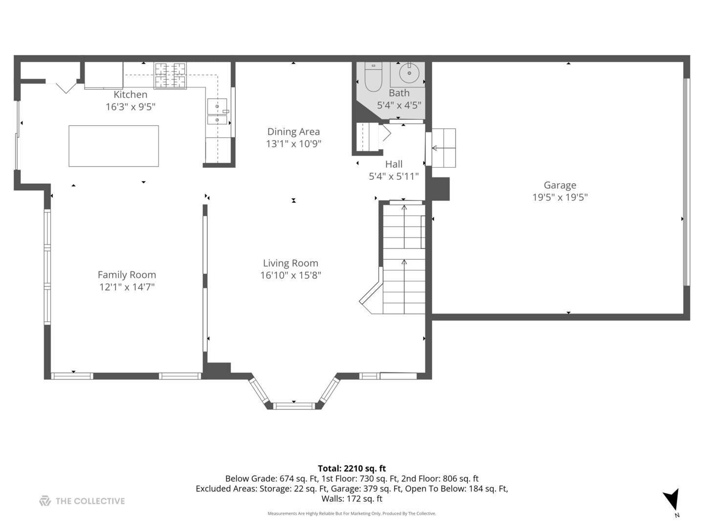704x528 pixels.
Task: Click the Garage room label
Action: click(560, 185)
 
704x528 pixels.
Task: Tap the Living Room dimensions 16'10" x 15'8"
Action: click(290, 275)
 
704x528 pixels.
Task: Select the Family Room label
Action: click(127, 275)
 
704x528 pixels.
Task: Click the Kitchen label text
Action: click(130, 95)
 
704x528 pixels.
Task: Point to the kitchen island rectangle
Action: click(113, 146)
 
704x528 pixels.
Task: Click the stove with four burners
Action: click(170, 75)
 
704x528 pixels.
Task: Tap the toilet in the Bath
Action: click(373, 79)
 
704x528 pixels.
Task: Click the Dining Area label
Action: click(293, 132)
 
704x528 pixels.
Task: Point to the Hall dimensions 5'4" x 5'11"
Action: click(394, 176)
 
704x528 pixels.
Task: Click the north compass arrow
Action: click(672, 500)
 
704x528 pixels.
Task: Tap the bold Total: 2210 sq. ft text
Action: click(352, 468)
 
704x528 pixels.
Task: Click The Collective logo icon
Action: click(45, 501)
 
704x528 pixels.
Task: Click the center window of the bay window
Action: click(294, 405)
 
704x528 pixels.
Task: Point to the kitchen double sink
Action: click(217, 112)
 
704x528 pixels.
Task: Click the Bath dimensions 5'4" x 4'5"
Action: click(399, 105)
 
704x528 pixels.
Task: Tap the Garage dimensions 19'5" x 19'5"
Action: click(560, 198)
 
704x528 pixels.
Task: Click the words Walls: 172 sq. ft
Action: click(352, 499)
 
